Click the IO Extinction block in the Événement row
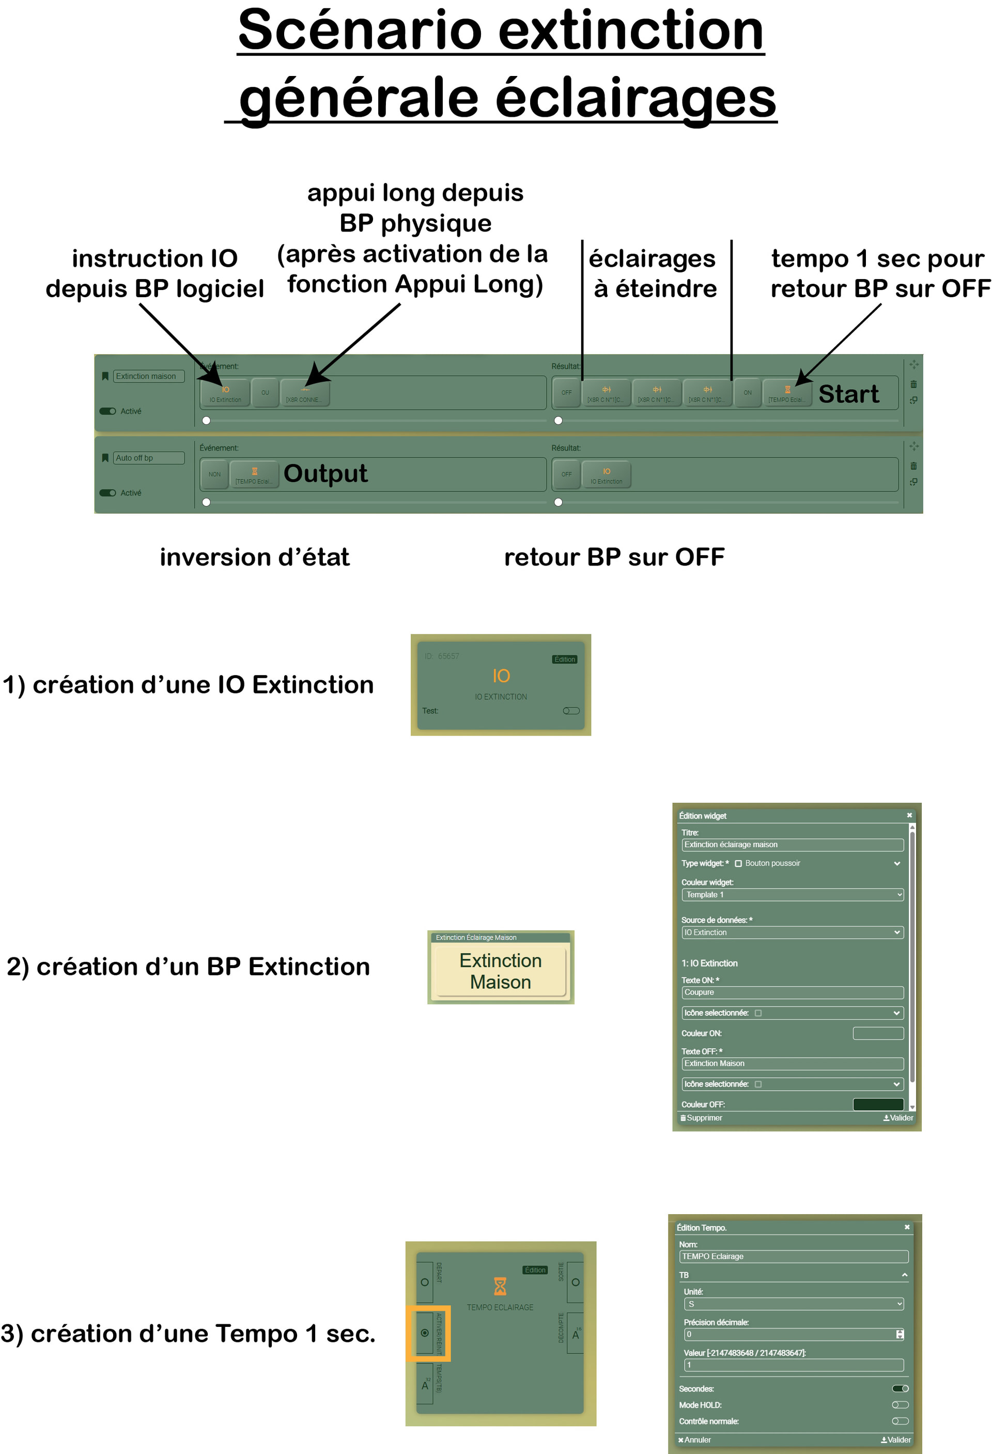(225, 393)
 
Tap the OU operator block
(265, 393)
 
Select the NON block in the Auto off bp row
(214, 474)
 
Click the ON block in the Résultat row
(748, 393)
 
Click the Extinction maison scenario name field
(149, 376)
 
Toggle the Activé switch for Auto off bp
(108, 493)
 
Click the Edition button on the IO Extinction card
(564, 660)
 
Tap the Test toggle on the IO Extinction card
(571, 711)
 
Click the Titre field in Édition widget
(792, 845)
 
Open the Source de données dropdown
(792, 932)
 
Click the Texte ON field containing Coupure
(792, 992)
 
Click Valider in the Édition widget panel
(898, 1118)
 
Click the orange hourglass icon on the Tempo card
(500, 1287)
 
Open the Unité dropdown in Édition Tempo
(793, 1304)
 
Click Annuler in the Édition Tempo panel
(694, 1440)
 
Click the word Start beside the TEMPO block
(848, 394)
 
